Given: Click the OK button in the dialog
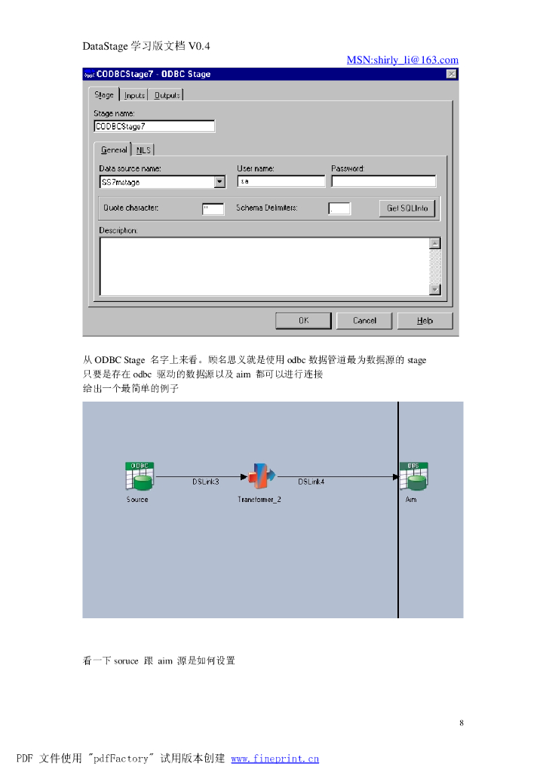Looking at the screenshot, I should point(303,321).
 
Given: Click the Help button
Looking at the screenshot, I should point(425,321).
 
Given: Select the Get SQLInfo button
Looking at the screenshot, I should point(407,208).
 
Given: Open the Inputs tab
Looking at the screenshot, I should point(134,95).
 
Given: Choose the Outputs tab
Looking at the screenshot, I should point(167,95).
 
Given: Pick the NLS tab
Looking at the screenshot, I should point(143,150).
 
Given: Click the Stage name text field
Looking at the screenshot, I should point(154,127).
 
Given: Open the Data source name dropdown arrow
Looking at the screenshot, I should point(219,182).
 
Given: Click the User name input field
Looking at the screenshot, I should point(281,182).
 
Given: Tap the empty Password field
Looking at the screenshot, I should point(383,182).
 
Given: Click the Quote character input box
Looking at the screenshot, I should point(213,209).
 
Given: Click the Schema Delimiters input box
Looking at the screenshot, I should point(339,209).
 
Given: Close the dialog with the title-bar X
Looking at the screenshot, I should point(451,74).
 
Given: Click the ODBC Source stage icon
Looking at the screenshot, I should point(139,476).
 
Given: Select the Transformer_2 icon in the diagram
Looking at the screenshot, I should point(262,476).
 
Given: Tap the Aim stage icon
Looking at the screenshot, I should point(413,476).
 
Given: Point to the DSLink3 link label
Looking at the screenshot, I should point(205,482).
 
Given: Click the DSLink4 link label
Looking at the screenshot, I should point(311,482).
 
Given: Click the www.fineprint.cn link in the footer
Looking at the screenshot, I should point(275,759).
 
